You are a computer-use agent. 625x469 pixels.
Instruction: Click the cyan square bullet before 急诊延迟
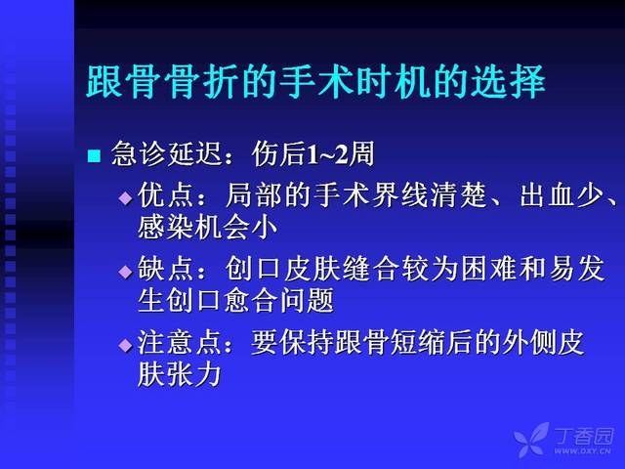(x=94, y=156)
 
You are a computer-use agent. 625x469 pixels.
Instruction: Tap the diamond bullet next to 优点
(x=126, y=197)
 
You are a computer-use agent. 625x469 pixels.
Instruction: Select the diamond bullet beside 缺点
(x=126, y=272)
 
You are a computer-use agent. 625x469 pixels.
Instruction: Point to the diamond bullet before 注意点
(x=126, y=345)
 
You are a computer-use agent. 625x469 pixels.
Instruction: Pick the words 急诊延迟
(x=166, y=153)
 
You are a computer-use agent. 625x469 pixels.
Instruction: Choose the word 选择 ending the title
(x=508, y=82)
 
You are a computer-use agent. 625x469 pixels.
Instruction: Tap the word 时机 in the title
(x=393, y=82)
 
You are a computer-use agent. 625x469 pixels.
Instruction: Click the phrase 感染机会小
(x=207, y=228)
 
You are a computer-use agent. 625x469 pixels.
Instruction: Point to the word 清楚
(x=459, y=195)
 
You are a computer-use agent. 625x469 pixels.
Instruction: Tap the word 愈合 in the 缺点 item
(x=249, y=301)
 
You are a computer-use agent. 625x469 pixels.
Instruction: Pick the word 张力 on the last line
(x=194, y=375)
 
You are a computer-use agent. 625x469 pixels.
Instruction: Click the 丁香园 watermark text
(x=584, y=436)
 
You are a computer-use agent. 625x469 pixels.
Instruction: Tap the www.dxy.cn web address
(x=582, y=451)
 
